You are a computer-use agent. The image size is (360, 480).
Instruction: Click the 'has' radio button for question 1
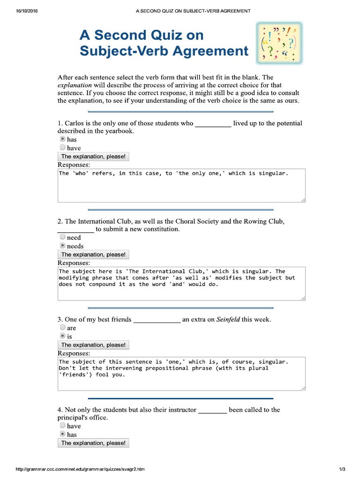62,139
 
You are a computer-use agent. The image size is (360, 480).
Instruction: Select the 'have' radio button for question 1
62,148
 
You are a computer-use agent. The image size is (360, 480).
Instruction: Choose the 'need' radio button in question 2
62,237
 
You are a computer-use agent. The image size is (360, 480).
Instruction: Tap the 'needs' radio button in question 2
62,246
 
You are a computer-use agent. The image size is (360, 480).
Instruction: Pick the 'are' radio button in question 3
62,328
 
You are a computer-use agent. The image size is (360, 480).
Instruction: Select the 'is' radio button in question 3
62,336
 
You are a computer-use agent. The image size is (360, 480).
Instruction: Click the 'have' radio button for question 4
62,426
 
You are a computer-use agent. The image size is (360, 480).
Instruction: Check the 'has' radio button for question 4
62,434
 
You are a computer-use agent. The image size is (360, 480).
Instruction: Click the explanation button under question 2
93,255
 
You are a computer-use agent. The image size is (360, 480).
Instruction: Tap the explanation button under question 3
93,345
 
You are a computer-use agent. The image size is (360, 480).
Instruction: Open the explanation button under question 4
93,443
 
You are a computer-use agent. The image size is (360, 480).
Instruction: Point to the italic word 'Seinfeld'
227,320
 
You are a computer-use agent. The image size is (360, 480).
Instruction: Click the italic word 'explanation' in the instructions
75,85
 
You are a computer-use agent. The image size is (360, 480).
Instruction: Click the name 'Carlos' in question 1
75,123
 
